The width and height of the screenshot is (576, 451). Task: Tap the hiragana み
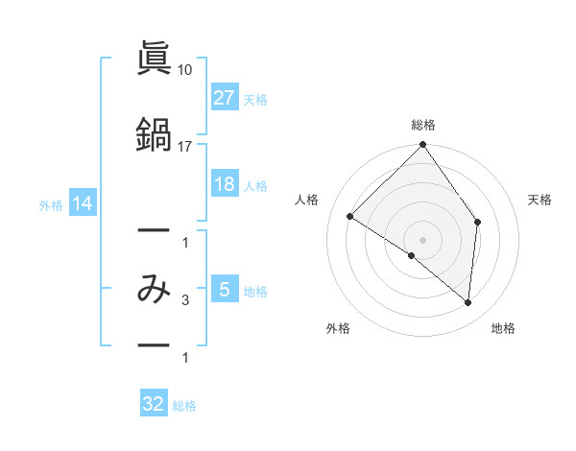pos(154,289)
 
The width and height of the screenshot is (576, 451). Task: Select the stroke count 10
pos(185,70)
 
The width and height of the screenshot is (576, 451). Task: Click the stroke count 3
pos(185,301)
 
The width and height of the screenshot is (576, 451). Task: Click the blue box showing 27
pos(224,98)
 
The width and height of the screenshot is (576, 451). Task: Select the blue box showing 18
pos(224,184)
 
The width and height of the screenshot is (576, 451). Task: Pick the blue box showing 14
pos(82,203)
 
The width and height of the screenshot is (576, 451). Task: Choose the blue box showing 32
pos(154,404)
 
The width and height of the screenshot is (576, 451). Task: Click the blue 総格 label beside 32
pos(184,406)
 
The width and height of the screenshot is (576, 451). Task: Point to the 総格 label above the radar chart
pos(422,125)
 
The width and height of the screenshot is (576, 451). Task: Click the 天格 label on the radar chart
pos(540,200)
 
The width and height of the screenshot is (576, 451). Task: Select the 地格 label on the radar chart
pos(503,328)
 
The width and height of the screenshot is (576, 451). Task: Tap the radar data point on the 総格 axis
pos(422,146)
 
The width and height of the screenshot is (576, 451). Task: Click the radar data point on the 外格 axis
pos(412,255)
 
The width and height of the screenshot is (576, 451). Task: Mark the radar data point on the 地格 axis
pos(468,302)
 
